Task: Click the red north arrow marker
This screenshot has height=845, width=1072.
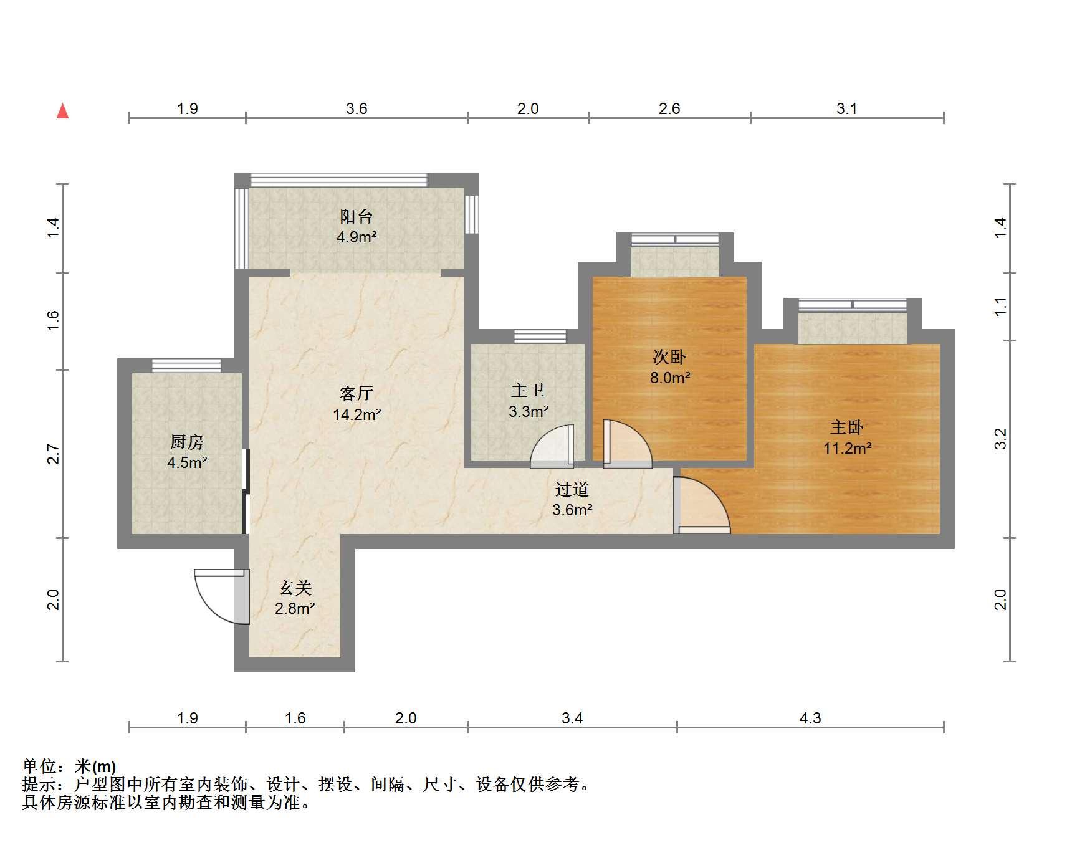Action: pyautogui.click(x=62, y=111)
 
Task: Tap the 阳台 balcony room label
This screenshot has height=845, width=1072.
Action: pyautogui.click(x=357, y=216)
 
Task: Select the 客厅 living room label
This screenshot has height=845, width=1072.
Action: pyautogui.click(x=357, y=393)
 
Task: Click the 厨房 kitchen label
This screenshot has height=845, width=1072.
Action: pyautogui.click(x=187, y=442)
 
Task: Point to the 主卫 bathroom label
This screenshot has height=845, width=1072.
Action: pyautogui.click(x=528, y=391)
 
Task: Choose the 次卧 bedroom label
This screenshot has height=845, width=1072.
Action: pyautogui.click(x=669, y=356)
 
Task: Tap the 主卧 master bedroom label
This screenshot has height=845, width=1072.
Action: pyautogui.click(x=847, y=427)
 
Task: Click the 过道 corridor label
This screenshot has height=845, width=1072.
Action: pyautogui.click(x=572, y=489)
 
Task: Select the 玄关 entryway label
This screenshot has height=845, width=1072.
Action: pyautogui.click(x=295, y=588)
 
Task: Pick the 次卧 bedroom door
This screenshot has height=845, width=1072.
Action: pyautogui.click(x=628, y=444)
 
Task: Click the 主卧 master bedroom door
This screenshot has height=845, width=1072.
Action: pyautogui.click(x=702, y=505)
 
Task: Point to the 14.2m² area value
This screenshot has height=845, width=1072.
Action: pyautogui.click(x=357, y=414)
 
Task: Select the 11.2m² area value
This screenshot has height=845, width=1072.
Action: pyautogui.click(x=847, y=448)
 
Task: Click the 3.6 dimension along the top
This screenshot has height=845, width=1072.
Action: pyautogui.click(x=357, y=109)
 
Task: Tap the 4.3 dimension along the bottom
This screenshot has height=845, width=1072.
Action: pyautogui.click(x=810, y=718)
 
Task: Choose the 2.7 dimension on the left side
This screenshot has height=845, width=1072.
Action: pyautogui.click(x=54, y=454)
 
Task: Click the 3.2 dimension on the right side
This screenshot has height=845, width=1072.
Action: pyautogui.click(x=1000, y=439)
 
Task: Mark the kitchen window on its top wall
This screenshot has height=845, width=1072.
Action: pyautogui.click(x=186, y=366)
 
